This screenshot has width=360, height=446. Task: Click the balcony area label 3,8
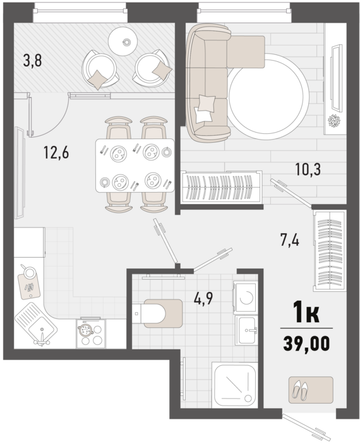(x=32, y=61)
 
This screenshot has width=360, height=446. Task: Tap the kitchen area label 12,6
(x=56, y=152)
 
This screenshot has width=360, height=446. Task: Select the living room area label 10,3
(x=308, y=170)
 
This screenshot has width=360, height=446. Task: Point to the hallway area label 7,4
(x=289, y=240)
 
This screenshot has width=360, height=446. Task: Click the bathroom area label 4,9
(x=203, y=298)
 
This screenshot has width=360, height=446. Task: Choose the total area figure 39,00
(x=306, y=343)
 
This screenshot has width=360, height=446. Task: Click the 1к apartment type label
(x=306, y=313)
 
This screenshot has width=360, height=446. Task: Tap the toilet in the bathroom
(x=158, y=313)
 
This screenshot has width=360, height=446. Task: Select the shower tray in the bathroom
(x=236, y=385)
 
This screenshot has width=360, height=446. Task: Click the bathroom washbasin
(x=246, y=330)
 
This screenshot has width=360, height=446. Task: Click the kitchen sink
(x=36, y=323)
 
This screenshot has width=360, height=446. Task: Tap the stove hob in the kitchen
(x=90, y=333)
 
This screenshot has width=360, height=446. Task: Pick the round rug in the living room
(x=268, y=96)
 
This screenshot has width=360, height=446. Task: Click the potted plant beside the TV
(x=334, y=121)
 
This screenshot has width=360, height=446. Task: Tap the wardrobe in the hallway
(x=330, y=251)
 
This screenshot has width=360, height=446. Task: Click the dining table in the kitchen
(x=135, y=166)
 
